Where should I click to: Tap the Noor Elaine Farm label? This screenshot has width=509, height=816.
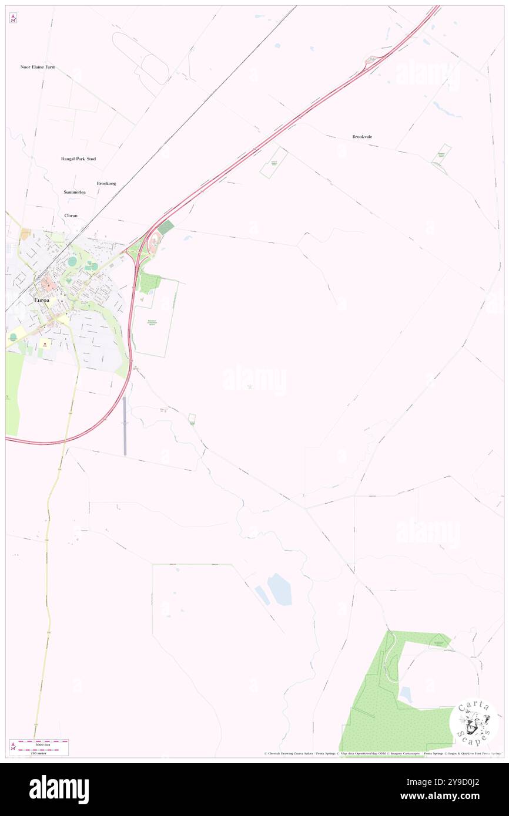pyautogui.click(x=38, y=67)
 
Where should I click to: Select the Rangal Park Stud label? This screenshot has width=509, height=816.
pyautogui.click(x=78, y=159)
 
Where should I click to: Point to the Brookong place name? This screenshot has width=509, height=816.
pyautogui.click(x=106, y=183)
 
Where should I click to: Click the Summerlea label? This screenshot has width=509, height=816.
pyautogui.click(x=75, y=192)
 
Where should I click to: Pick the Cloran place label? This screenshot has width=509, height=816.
pyautogui.click(x=71, y=215)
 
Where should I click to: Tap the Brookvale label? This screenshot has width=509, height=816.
pyautogui.click(x=362, y=137)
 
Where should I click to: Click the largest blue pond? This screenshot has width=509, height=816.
pyautogui.click(x=280, y=589)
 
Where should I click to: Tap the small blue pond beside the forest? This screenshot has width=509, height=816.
pyautogui.click(x=405, y=694)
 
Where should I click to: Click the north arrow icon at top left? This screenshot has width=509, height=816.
pyautogui.click(x=13, y=18)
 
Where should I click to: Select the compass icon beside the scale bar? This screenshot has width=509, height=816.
pyautogui.click(x=13, y=747)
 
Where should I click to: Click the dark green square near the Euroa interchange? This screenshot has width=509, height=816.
pyautogui.click(x=167, y=227)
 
